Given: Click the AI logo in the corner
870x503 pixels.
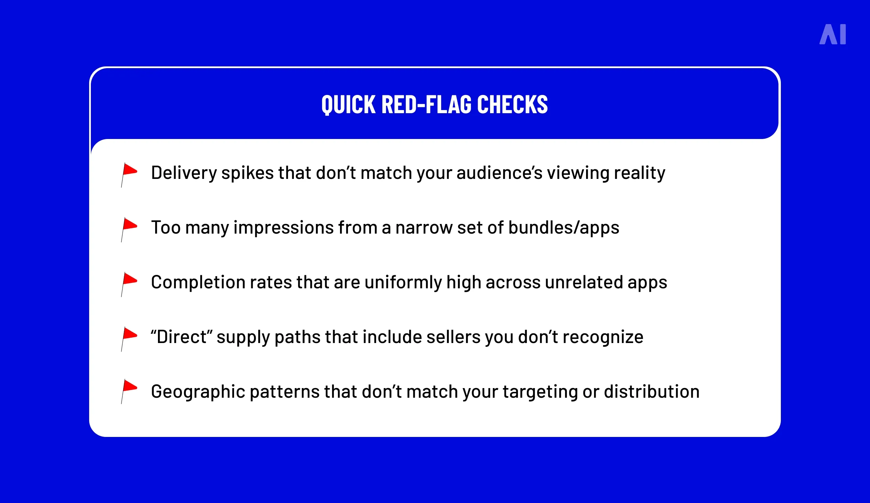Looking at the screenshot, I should click(832, 34).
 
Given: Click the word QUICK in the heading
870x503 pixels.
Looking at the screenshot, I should click(348, 104).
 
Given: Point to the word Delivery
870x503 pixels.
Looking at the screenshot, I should click(184, 173).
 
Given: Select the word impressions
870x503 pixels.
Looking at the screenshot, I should click(284, 228).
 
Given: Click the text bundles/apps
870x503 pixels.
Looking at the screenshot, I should click(563, 228).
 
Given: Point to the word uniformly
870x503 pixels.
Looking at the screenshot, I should click(403, 282).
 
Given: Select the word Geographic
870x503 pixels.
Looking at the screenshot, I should click(198, 392).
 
